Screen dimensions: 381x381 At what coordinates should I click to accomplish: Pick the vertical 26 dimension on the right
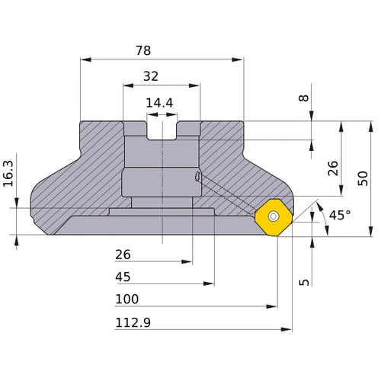(332, 168)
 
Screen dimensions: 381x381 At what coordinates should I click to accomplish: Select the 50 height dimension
(363, 178)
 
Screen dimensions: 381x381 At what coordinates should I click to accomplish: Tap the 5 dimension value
(306, 282)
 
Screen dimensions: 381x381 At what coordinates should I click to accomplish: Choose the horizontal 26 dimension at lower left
(123, 254)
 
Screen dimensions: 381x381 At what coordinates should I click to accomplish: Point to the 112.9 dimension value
(133, 322)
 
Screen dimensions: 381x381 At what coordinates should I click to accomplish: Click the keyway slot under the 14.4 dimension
(162, 130)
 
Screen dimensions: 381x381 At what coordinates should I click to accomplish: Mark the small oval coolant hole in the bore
(198, 178)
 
